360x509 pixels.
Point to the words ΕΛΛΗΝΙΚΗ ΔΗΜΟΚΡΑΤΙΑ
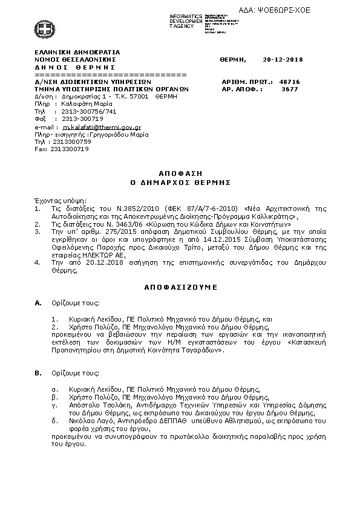(x=77, y=52)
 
